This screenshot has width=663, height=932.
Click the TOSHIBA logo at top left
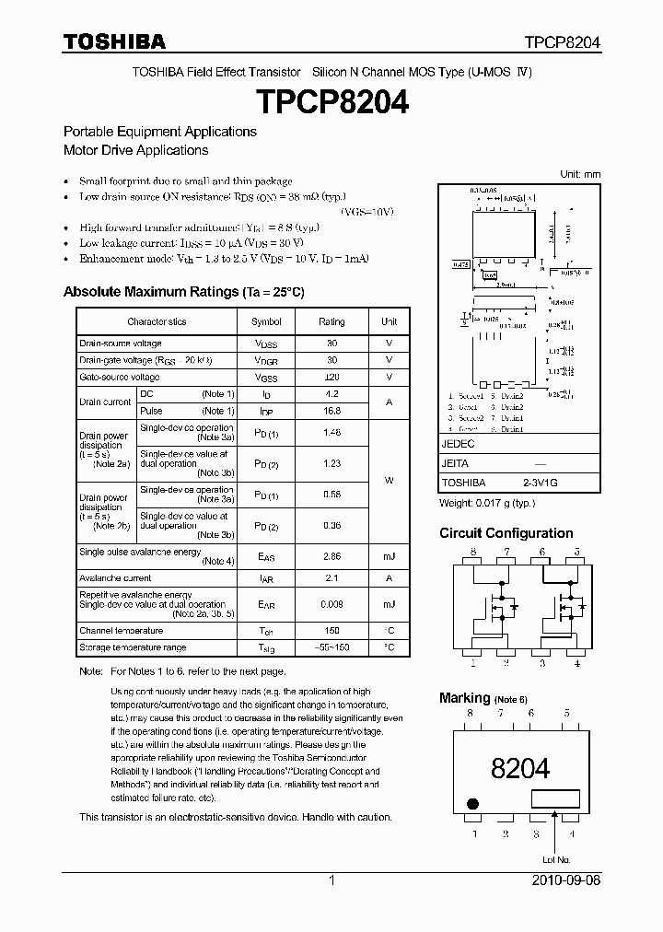pos(114,41)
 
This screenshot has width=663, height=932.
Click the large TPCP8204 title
pos(331,101)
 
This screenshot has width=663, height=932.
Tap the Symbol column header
pos(266,321)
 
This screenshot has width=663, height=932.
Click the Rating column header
pos(331,321)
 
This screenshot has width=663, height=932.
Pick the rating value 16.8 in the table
pos(331,411)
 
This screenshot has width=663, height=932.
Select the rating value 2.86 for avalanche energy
pos(331,557)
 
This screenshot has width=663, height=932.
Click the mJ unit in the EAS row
pos(389,557)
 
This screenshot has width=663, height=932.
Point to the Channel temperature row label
pos(121,631)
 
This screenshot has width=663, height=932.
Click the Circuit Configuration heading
pos(506,533)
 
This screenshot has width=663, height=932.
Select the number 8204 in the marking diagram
pos(520,768)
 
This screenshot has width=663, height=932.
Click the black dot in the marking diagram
pos(473,803)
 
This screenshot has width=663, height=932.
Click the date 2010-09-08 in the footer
pos(566,880)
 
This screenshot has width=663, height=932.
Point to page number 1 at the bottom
pos(331,880)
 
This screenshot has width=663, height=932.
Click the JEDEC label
pos(457,444)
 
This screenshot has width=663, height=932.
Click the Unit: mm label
pos(580,174)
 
